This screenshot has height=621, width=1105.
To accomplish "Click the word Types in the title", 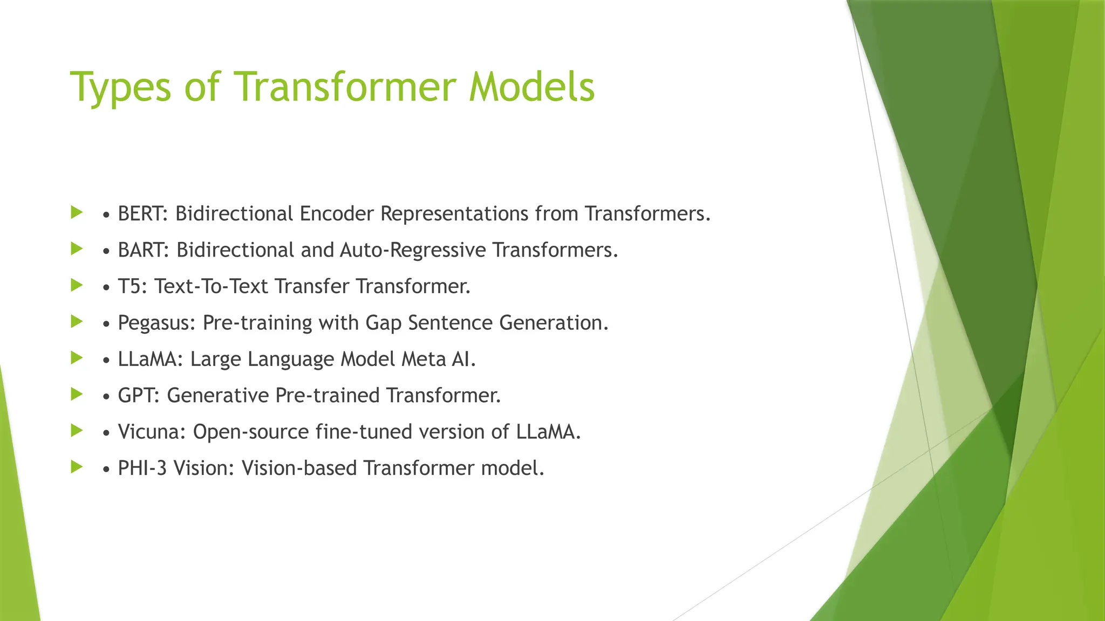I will (120, 87).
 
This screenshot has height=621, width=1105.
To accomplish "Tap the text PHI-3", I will (142, 468).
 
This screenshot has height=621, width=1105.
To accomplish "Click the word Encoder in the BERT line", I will (337, 214).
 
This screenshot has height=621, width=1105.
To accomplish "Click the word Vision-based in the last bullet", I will (299, 468).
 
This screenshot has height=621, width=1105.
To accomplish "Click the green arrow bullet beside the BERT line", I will (77, 212).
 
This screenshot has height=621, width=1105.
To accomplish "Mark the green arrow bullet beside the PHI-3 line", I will (77, 467).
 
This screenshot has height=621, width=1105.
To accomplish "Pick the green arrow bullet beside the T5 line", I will (77, 285).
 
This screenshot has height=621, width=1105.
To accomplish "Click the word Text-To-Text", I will (211, 286).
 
